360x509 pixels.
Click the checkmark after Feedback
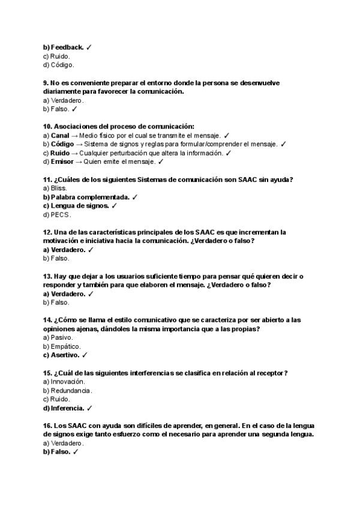(x=89, y=47)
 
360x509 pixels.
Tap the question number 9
(x=46, y=83)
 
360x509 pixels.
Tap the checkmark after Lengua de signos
(x=114, y=206)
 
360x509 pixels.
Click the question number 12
(x=47, y=232)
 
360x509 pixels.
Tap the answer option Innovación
(x=67, y=382)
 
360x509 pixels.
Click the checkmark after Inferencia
(x=89, y=408)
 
